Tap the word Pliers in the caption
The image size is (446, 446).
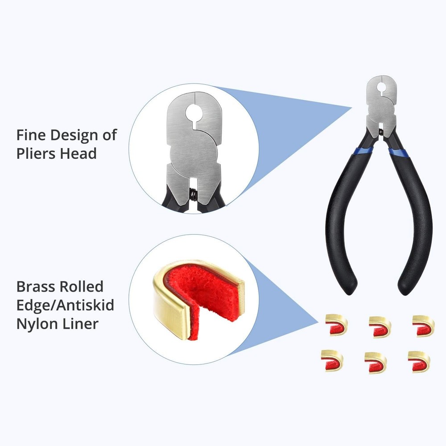point(37,154)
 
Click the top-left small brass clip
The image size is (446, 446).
point(336,325)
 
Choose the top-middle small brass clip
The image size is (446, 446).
point(380,327)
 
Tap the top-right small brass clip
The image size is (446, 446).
point(423,326)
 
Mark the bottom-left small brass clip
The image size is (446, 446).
point(332,360)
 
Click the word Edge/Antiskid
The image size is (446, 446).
point(65,306)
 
